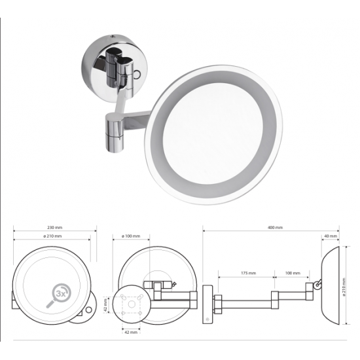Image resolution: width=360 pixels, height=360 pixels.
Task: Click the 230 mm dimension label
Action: (54, 228)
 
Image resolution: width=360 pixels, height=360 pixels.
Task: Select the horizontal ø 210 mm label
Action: (52, 236)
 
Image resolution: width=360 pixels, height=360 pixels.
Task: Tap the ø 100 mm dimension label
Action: (131, 236)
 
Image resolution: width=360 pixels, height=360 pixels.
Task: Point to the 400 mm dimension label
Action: (275, 228)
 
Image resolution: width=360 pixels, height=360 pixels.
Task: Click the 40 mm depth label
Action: (331, 236)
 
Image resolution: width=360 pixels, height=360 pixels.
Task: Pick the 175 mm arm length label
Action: (249, 273)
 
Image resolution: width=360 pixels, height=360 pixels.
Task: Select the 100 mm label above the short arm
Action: (293, 273)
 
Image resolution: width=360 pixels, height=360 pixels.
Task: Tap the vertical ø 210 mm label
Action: (344, 287)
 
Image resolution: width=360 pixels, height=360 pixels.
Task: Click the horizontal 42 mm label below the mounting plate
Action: (131, 333)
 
